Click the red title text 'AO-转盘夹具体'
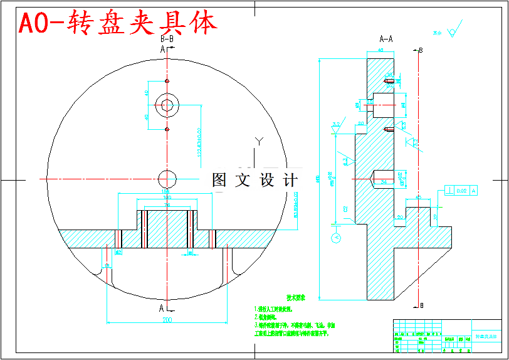[118, 23]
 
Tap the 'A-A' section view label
[386, 38]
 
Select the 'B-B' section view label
[167, 38]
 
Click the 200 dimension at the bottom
[167, 320]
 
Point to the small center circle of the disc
[167, 177]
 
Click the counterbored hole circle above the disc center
[167, 105]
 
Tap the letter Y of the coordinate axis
[258, 140]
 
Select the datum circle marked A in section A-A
[336, 238]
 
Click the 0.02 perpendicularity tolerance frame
[460, 189]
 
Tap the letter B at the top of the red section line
[421, 50]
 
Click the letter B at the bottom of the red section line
[421, 305]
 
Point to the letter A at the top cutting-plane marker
[162, 48]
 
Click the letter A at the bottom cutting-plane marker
[162, 308]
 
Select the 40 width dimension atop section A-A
[380, 50]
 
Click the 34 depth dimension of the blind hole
[384, 181]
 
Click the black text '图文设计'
[255, 180]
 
